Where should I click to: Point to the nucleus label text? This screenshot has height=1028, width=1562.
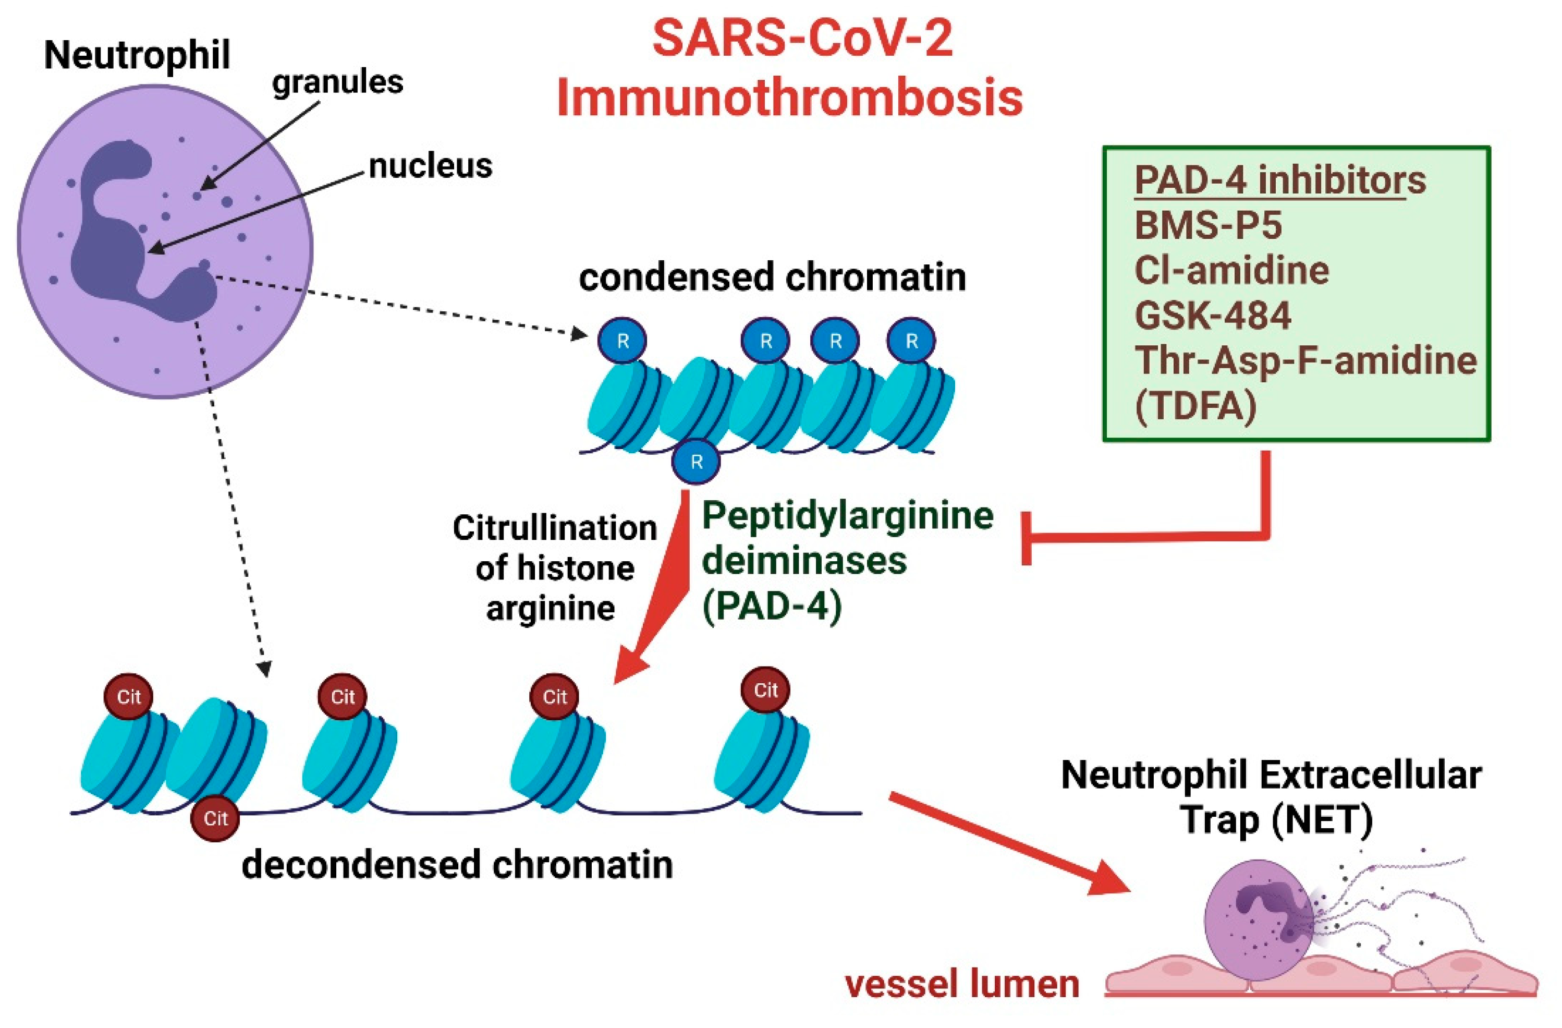[430, 166]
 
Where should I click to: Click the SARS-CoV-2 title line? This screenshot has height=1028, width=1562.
[802, 38]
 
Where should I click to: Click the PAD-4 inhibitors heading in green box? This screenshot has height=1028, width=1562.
[1280, 180]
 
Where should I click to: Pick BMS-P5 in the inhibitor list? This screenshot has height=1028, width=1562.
[1207, 225]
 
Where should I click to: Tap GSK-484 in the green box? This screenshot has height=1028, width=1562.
[1213, 315]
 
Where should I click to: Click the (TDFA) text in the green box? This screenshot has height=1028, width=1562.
[1196, 406]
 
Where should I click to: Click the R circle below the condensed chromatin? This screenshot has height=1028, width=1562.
[695, 462]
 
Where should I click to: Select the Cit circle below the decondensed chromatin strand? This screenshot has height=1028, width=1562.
[215, 819]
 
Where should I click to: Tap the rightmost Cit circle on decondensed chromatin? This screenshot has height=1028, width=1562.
[765, 690]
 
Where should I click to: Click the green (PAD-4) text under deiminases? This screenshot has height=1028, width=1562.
[772, 606]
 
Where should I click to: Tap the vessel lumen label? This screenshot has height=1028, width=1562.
[962, 984]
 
